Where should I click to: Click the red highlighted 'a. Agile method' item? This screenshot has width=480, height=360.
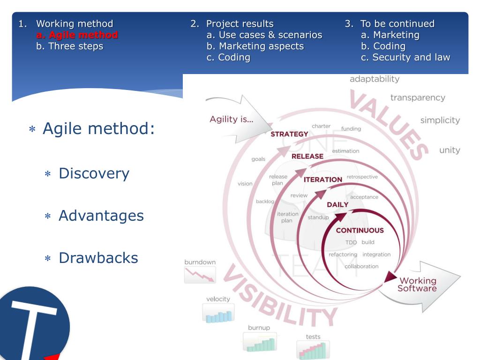[77, 35]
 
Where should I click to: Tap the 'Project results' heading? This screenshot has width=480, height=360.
[240, 23]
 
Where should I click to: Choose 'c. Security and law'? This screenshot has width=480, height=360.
[405, 57]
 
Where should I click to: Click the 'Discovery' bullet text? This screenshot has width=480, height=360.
[94, 173]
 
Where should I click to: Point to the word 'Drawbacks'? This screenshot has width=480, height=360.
[98, 257]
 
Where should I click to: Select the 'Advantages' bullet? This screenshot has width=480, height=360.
[101, 216]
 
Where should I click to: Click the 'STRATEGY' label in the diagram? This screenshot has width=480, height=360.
[290, 135]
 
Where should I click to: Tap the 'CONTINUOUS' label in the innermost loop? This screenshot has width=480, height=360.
[360, 230]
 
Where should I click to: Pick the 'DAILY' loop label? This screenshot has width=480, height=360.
[337, 204]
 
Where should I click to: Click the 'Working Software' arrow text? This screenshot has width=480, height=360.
[417, 285]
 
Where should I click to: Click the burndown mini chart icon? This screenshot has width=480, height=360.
[200, 275]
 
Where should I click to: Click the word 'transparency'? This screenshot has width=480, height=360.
[418, 97]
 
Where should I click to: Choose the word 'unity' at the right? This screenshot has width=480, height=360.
[449, 150]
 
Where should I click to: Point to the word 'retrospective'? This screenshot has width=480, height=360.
[362, 177]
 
